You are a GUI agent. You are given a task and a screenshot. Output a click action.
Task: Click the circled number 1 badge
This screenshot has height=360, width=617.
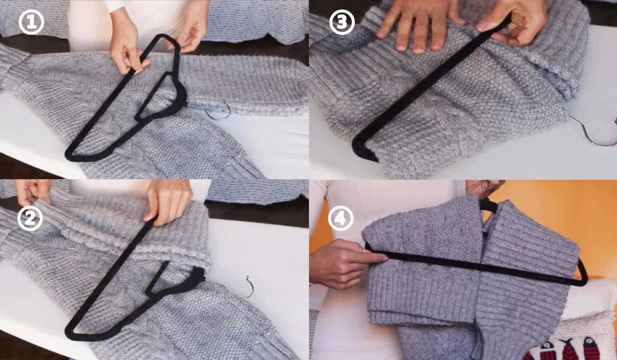(x=31, y=22)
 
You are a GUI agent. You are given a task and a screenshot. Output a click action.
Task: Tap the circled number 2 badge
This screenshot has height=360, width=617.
(x=30, y=218)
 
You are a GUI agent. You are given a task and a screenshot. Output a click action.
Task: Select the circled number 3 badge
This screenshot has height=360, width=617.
(x=342, y=22)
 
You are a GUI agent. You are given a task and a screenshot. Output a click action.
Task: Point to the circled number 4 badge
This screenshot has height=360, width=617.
(x=341, y=218)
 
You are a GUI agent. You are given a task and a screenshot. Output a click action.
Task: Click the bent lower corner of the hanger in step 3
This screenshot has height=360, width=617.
(x=362, y=150)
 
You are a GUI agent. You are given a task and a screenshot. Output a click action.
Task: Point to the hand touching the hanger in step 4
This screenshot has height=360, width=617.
(x=347, y=263)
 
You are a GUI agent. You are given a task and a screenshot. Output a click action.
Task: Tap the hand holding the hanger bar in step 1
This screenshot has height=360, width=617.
(x=127, y=47)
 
